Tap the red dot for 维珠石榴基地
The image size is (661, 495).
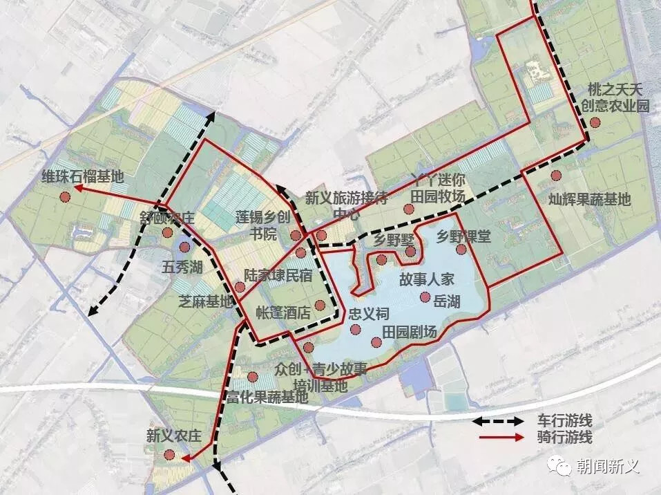[64, 196]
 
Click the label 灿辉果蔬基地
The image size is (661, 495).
[589, 200]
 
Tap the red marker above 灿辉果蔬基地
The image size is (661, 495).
[556, 176]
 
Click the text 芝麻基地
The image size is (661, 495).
[206, 301]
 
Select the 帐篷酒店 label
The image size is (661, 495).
[283, 312]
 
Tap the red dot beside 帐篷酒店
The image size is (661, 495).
[319, 306]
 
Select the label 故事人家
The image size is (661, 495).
[426, 280]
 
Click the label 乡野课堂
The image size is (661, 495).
[463, 236]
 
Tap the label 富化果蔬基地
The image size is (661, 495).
[267, 398]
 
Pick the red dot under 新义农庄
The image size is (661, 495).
[169, 455]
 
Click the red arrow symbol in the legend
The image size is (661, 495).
[499, 437]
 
